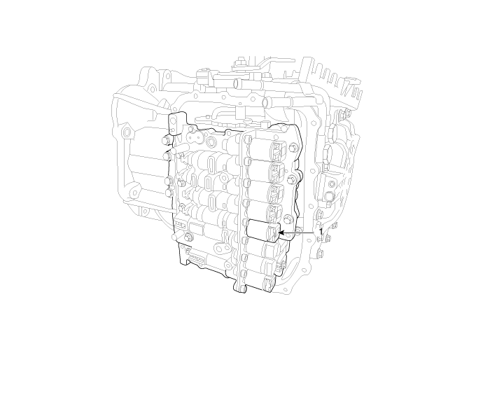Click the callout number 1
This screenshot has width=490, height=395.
point(321,232)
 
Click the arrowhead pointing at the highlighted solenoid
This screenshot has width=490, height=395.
point(281,233)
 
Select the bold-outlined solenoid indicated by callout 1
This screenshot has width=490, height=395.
point(262,230)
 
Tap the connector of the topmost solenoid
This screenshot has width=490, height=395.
point(279,149)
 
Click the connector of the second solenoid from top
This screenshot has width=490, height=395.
point(277,172)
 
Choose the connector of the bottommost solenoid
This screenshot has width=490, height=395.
point(269,283)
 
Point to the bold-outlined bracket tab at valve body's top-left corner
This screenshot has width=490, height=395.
point(177,123)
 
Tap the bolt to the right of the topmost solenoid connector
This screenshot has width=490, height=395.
point(293,146)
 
